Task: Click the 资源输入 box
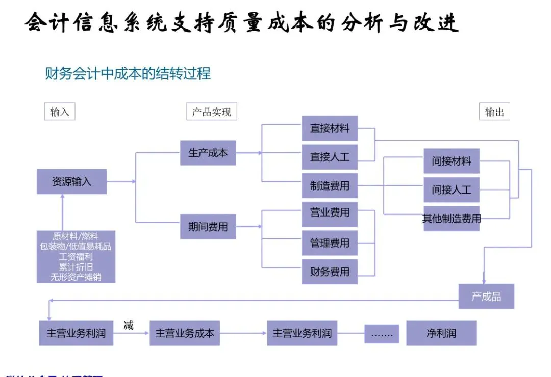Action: coord(71,181)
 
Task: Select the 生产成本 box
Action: coord(208,153)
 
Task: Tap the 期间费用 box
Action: coord(208,227)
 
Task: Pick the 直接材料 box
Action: coord(330,128)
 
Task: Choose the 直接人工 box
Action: coord(330,157)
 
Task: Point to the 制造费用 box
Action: coord(330,185)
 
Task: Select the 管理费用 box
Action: coord(330,243)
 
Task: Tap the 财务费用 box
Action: coord(330,272)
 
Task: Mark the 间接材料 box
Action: coord(452,161)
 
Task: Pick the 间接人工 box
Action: coord(452,190)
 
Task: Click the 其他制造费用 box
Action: coord(452,219)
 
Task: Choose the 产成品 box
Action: coord(486,296)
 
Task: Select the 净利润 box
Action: coord(441,333)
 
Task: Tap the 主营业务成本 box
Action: coord(185,333)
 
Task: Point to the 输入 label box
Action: coord(60,112)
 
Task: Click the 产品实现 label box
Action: coord(212,112)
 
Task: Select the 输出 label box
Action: coord(494,112)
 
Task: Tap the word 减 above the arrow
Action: coord(129,325)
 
